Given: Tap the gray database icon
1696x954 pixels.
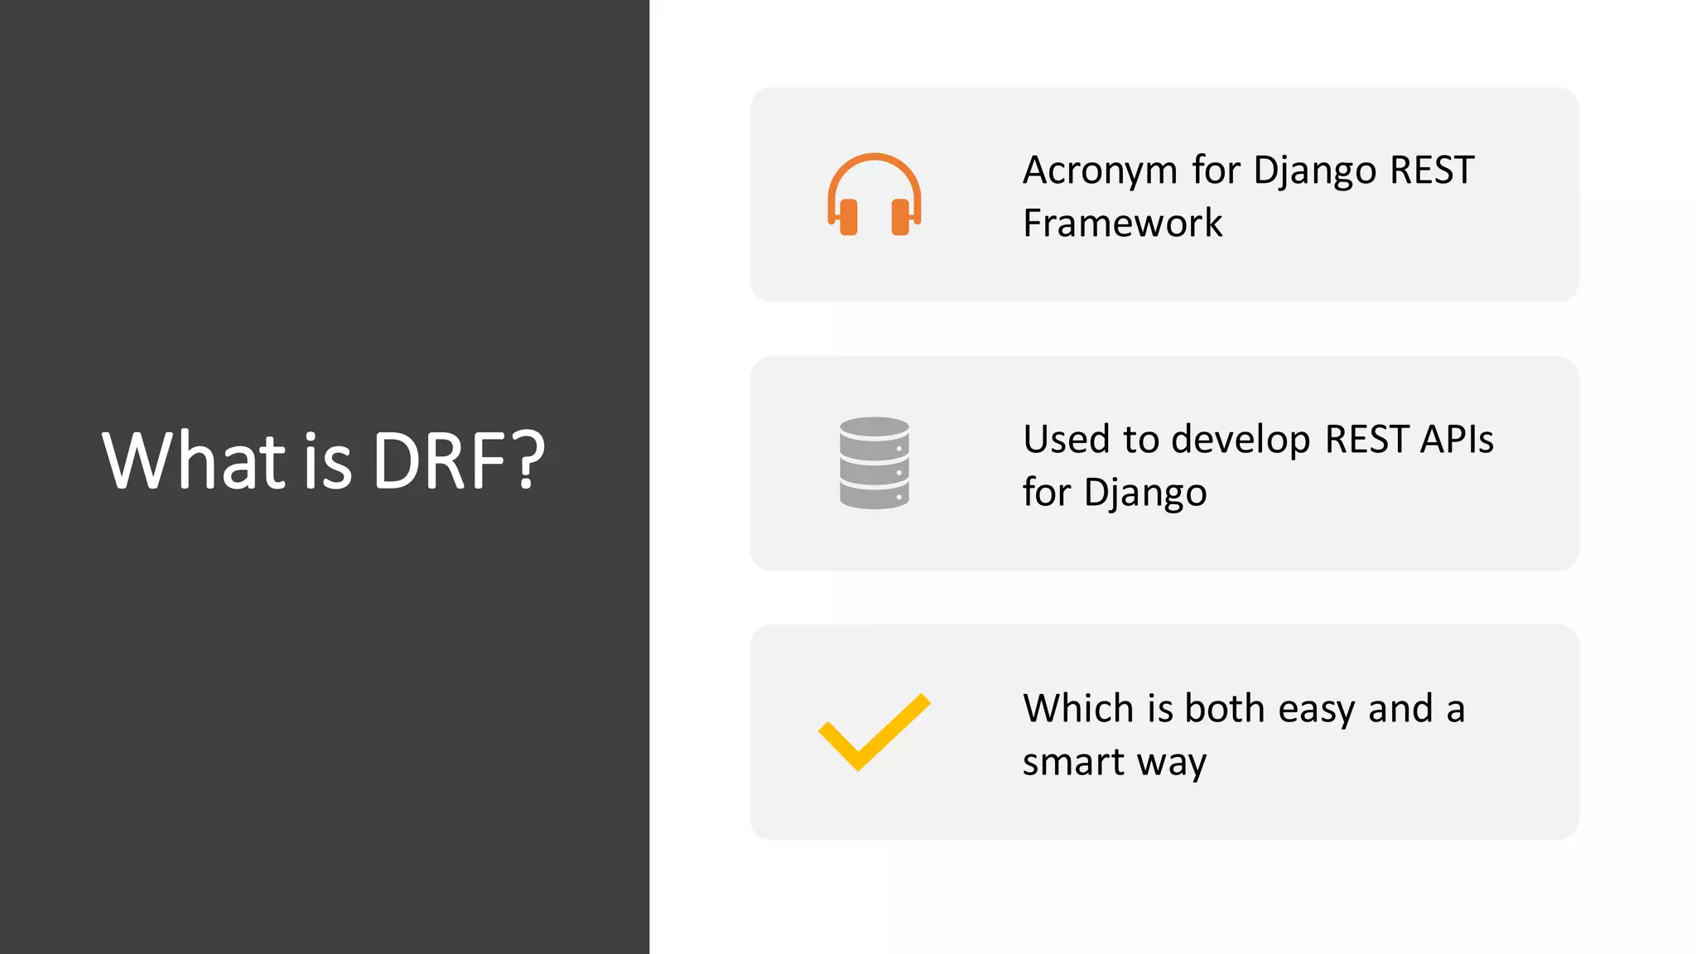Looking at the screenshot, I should [874, 463].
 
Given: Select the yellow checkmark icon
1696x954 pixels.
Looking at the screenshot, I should [874, 731].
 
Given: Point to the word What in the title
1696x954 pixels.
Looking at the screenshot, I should [194, 461].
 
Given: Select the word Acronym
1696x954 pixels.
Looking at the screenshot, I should [1100, 171].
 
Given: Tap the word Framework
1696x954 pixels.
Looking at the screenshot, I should [1122, 224].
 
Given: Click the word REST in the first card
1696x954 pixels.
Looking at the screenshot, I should [1432, 171].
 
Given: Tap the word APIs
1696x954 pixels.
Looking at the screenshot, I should [1457, 440].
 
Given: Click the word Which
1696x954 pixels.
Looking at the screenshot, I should [1078, 709].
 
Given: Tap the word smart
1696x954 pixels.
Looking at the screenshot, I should [1073, 762].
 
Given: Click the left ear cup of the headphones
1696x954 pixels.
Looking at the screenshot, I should [848, 217].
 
